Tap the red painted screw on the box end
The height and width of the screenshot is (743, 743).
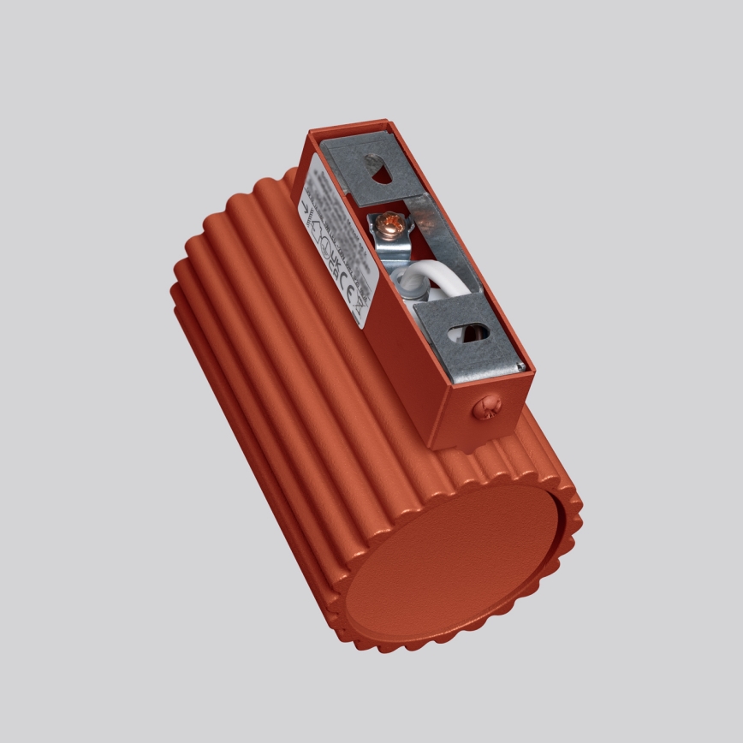[x=484, y=408]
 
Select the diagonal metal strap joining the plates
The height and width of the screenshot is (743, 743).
[x=436, y=241]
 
